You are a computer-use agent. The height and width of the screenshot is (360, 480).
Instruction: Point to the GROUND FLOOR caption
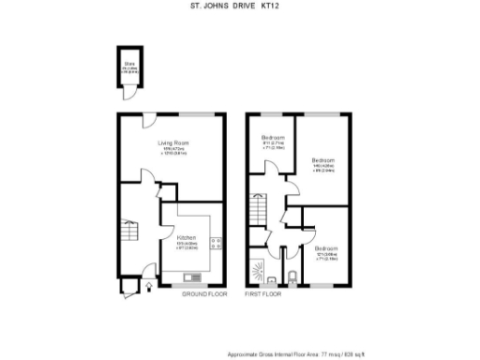[204, 294]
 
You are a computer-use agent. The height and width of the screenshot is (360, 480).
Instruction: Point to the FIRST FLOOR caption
[263, 294]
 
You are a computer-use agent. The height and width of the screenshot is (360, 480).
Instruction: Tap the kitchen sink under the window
[194, 277]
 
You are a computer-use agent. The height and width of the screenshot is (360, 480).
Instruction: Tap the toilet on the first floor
[292, 275]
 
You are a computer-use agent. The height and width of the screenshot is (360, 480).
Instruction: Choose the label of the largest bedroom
[324, 160]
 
